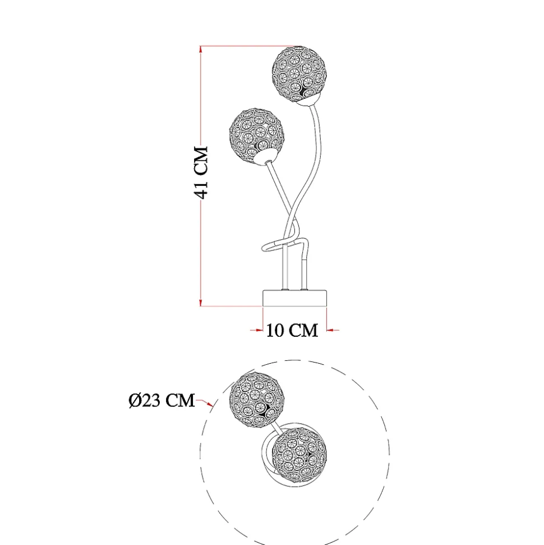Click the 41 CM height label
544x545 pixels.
coord(201,172)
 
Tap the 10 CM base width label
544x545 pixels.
coord(292,330)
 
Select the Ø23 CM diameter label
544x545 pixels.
coord(162,400)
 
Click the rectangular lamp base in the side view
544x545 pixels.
coord(295,299)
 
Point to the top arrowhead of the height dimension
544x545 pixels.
coord(200,49)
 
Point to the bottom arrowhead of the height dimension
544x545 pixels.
coord(200,303)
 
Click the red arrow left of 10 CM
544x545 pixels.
coord(257,330)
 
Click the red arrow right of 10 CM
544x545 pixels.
coord(333,330)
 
